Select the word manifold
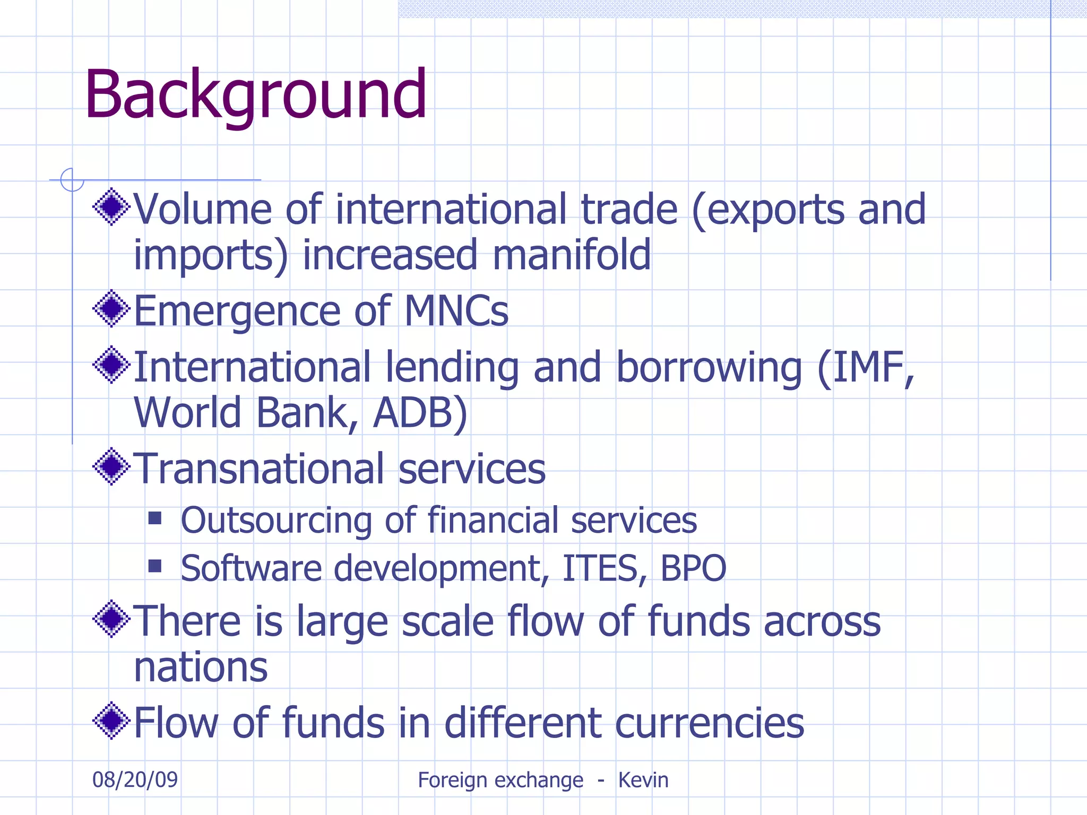click(x=572, y=255)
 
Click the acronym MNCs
click(x=456, y=311)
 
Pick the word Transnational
click(x=258, y=469)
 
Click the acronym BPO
click(x=693, y=568)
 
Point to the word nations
click(x=201, y=667)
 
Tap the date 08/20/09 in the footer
click(x=135, y=779)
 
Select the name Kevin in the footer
click(x=643, y=780)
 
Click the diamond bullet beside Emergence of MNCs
click(x=111, y=308)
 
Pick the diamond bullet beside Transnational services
click(x=111, y=466)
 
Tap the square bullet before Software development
click(x=155, y=566)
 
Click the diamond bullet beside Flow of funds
click(x=111, y=721)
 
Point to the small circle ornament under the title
click(x=72, y=180)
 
